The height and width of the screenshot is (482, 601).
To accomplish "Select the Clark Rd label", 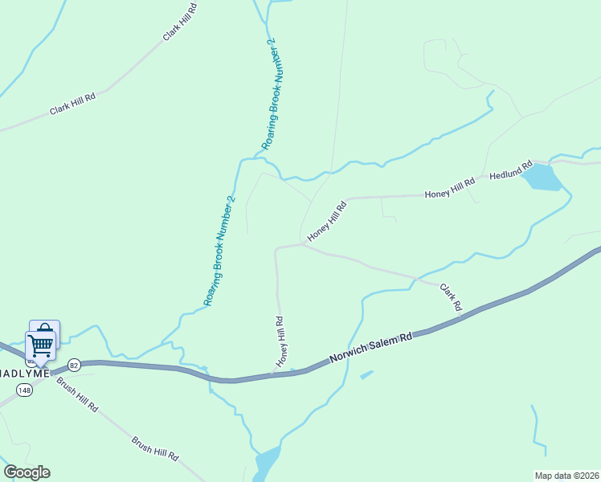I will click(x=451, y=297).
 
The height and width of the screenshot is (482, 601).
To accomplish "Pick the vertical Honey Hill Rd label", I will click(x=280, y=342).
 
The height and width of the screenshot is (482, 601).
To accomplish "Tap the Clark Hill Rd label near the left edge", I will click(x=72, y=104).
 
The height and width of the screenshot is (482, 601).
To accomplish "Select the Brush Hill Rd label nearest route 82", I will click(x=77, y=394).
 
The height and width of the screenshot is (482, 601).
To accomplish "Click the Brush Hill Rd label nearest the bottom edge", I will click(x=154, y=448).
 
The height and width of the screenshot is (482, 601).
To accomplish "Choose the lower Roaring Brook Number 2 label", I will click(x=219, y=251).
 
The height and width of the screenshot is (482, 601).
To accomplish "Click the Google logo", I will click(x=27, y=472).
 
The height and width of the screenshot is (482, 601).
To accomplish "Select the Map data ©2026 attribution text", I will click(x=566, y=475).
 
